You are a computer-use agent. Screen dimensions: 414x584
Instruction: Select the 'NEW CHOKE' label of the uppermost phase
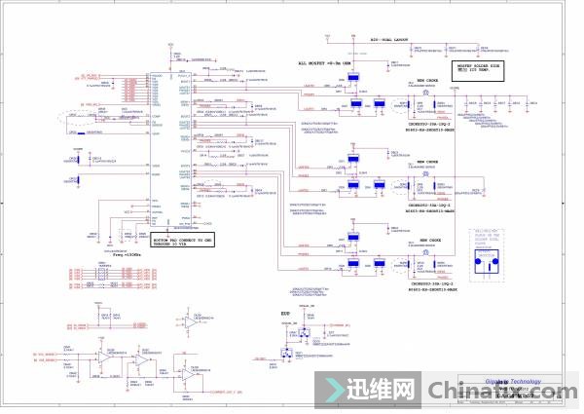click(428, 81)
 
